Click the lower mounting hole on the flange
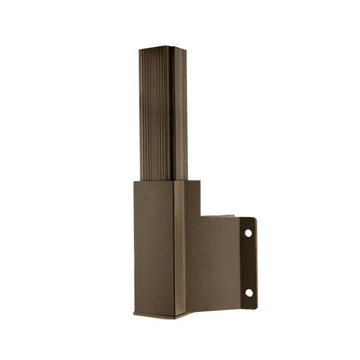click(248, 293)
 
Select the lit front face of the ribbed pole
click(155, 114)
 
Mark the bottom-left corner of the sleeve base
click(134, 314)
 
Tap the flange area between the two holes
click(248, 263)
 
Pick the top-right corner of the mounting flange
click(256, 218)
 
